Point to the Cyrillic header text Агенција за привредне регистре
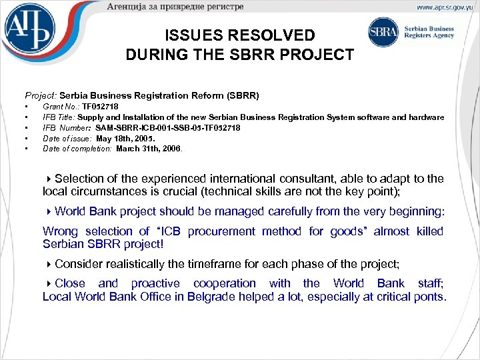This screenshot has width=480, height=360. [x=175, y=7]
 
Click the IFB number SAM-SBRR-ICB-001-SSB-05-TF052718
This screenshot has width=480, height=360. [x=168, y=128]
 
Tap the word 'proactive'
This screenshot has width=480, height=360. [x=155, y=283]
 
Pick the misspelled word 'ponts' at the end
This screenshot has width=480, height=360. [x=427, y=297]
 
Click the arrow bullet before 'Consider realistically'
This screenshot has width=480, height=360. [x=49, y=263]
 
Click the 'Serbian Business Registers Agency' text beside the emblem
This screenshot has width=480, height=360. [x=431, y=32]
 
